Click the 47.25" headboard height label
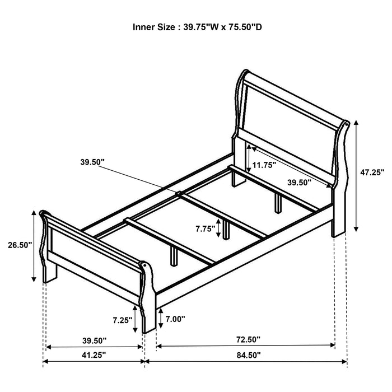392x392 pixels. [372, 173]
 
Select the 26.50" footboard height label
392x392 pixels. [20, 245]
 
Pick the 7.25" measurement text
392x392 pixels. [122, 320]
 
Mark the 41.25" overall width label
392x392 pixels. [92, 354]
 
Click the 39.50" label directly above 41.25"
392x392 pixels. [92, 340]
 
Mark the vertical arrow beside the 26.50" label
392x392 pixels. [35, 246]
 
